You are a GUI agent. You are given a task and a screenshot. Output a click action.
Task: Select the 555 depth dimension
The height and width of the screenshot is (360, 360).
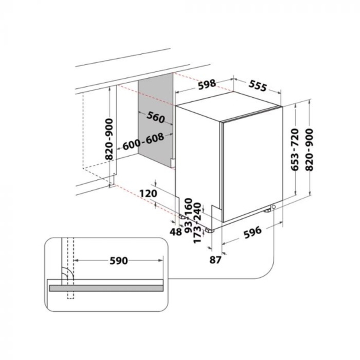click(258, 86)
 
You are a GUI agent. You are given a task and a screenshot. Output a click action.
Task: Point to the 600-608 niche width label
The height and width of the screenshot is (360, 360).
click(143, 141)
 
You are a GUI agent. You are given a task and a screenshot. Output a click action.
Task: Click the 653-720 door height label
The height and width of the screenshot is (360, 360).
click(295, 149)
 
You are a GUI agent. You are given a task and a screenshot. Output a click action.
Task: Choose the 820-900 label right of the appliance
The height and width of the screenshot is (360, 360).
click(310, 149)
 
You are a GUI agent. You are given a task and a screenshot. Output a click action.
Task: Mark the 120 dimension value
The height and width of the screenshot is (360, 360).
click(148, 193)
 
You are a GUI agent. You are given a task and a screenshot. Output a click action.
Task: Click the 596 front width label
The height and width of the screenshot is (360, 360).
click(253, 232)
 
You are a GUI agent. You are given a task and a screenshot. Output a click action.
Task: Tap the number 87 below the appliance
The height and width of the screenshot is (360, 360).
click(215, 260)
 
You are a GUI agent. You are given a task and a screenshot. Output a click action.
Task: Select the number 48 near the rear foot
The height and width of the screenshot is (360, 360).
click(175, 232)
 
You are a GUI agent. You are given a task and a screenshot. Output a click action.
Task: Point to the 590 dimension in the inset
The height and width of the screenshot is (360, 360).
click(119, 261)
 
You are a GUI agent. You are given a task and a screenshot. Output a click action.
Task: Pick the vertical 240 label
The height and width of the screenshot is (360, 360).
click(197, 211)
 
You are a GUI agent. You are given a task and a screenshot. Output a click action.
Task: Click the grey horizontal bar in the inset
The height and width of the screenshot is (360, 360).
click(106, 288)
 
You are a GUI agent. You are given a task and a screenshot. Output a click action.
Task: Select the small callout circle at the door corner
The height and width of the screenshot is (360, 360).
click(274, 207)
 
